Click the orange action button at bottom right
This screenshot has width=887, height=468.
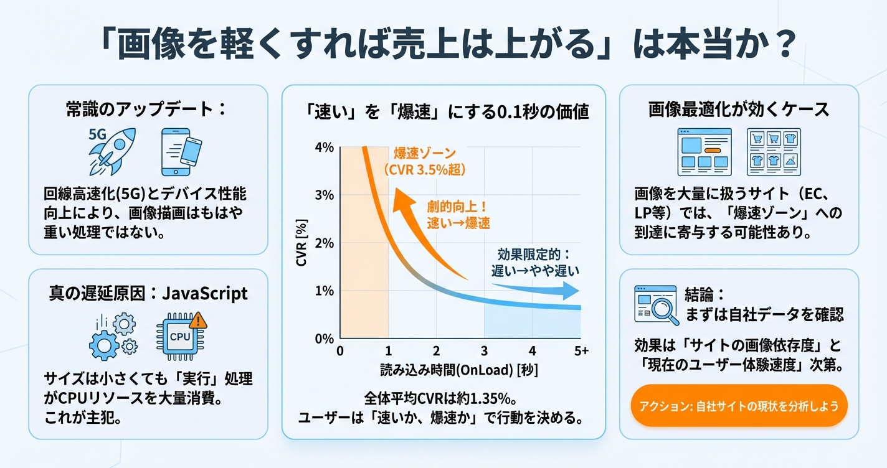(739, 405)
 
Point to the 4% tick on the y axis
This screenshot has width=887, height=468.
(325, 147)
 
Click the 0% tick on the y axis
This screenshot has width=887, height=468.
(325, 339)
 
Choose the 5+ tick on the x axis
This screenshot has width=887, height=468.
(581, 352)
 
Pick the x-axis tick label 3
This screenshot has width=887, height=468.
(485, 352)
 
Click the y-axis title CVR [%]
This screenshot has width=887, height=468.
(301, 243)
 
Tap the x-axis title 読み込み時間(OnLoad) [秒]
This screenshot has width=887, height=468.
(459, 370)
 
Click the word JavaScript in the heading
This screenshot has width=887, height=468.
(204, 293)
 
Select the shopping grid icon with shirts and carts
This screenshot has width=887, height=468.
(773, 152)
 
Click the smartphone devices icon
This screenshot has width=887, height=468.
(181, 151)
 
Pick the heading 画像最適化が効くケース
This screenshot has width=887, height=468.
(739, 110)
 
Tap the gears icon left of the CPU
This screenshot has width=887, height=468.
(113, 336)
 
